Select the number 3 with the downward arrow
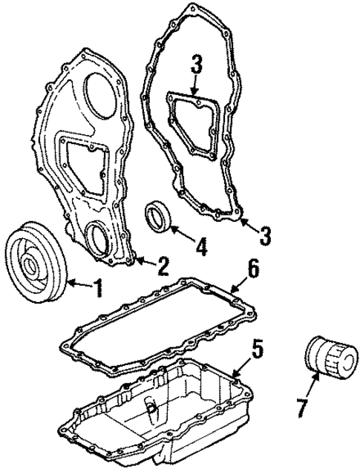click(x=197, y=66)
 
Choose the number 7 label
click(x=301, y=408)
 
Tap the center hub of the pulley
click(x=34, y=266)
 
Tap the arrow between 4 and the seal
click(x=182, y=236)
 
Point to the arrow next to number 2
click(x=145, y=263)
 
